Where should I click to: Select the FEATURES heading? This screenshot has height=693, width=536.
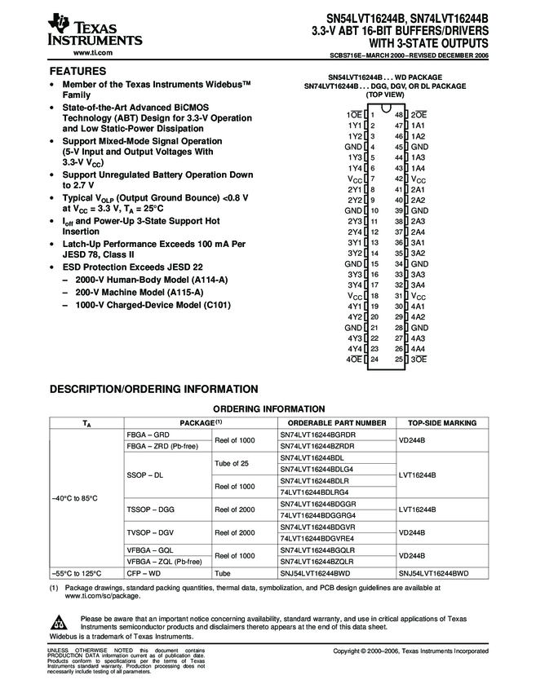[78, 72]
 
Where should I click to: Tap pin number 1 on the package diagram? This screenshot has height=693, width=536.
[372, 115]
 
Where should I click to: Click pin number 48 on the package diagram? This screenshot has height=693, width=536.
[399, 115]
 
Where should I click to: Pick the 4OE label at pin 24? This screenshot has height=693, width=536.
[354, 359]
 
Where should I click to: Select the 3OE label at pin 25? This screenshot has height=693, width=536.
[419, 359]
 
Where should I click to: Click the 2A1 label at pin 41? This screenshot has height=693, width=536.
[418, 189]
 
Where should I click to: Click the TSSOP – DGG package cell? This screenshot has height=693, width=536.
[151, 509]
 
